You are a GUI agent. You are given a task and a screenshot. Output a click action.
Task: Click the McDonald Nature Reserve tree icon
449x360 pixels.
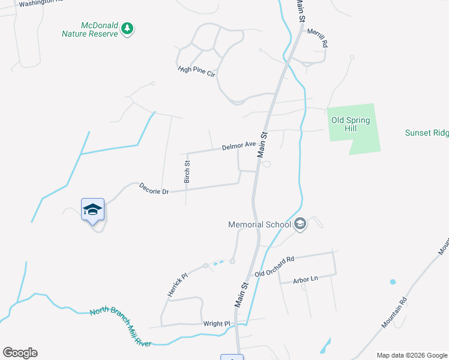coord(127,28)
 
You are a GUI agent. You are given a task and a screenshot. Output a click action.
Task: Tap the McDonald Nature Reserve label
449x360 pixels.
coord(91,29)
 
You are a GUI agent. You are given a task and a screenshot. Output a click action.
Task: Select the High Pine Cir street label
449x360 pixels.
coord(196,71)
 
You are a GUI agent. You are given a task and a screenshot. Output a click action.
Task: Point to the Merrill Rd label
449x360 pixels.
coord(318,38)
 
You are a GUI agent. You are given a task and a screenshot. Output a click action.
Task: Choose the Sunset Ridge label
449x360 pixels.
coord(426,133)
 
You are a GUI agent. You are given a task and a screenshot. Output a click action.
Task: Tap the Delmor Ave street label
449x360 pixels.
coord(239,146)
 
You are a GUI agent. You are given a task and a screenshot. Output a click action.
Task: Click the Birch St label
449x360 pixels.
coord(187,171)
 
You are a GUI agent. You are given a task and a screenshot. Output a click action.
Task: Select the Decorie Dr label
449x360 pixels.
coord(154,188)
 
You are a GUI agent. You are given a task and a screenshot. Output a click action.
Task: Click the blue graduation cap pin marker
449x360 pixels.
coord(92,210)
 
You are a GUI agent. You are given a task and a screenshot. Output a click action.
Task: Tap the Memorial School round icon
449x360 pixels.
coord(300,224)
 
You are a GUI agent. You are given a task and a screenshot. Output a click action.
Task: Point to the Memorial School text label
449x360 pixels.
coord(259,225)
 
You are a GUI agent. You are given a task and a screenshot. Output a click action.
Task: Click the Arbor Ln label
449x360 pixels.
coord(306,279)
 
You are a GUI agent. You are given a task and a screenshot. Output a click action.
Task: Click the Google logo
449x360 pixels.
coord(20,353)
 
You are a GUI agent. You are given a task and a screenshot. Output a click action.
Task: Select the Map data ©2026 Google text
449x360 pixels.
coord(412,355)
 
